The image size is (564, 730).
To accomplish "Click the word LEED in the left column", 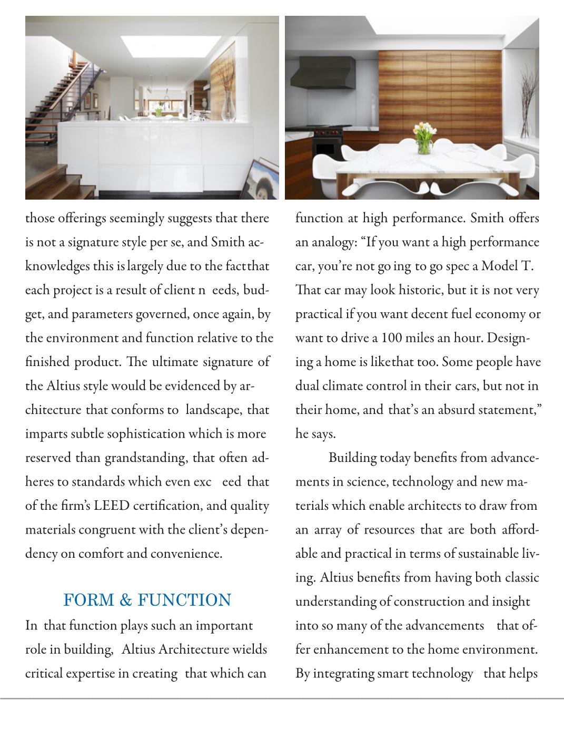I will [111, 506].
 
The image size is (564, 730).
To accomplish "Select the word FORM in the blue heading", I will [87, 600].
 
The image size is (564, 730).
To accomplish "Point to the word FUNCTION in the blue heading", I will [184, 600].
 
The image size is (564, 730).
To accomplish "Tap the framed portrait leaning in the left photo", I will [263, 179].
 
